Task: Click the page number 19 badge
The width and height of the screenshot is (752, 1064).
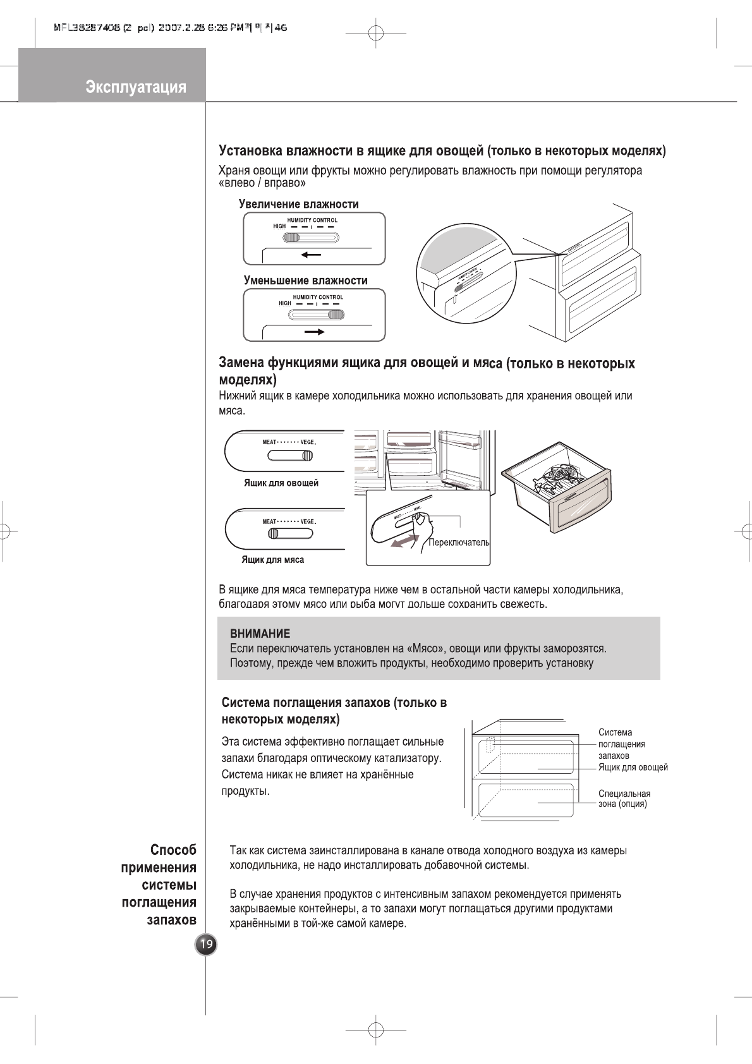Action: (206, 945)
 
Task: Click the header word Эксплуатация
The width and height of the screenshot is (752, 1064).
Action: (136, 87)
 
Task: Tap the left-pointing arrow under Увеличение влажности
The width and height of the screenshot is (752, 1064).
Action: (311, 255)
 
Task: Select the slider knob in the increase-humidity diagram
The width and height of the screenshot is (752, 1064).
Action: (292, 238)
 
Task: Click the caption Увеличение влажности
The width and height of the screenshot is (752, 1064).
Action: (298, 204)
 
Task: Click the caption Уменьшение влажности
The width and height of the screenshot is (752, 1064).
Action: (305, 281)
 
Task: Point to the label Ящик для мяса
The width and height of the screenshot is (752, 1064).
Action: (272, 560)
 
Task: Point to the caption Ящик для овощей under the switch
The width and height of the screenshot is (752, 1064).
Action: (281, 483)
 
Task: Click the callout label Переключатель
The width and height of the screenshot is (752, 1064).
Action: (459, 543)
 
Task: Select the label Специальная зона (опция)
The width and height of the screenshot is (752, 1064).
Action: (624, 799)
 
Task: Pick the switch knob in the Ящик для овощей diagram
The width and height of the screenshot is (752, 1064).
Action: (307, 456)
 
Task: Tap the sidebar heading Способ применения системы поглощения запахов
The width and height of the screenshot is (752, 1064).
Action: (159, 885)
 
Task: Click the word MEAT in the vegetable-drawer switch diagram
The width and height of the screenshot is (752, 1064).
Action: (270, 442)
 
